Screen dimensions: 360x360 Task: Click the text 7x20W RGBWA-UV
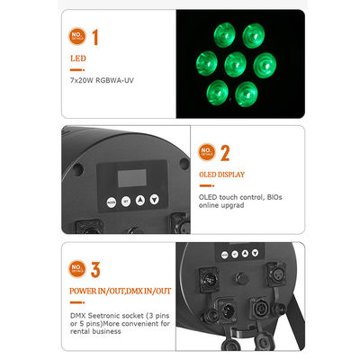point(103,81)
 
